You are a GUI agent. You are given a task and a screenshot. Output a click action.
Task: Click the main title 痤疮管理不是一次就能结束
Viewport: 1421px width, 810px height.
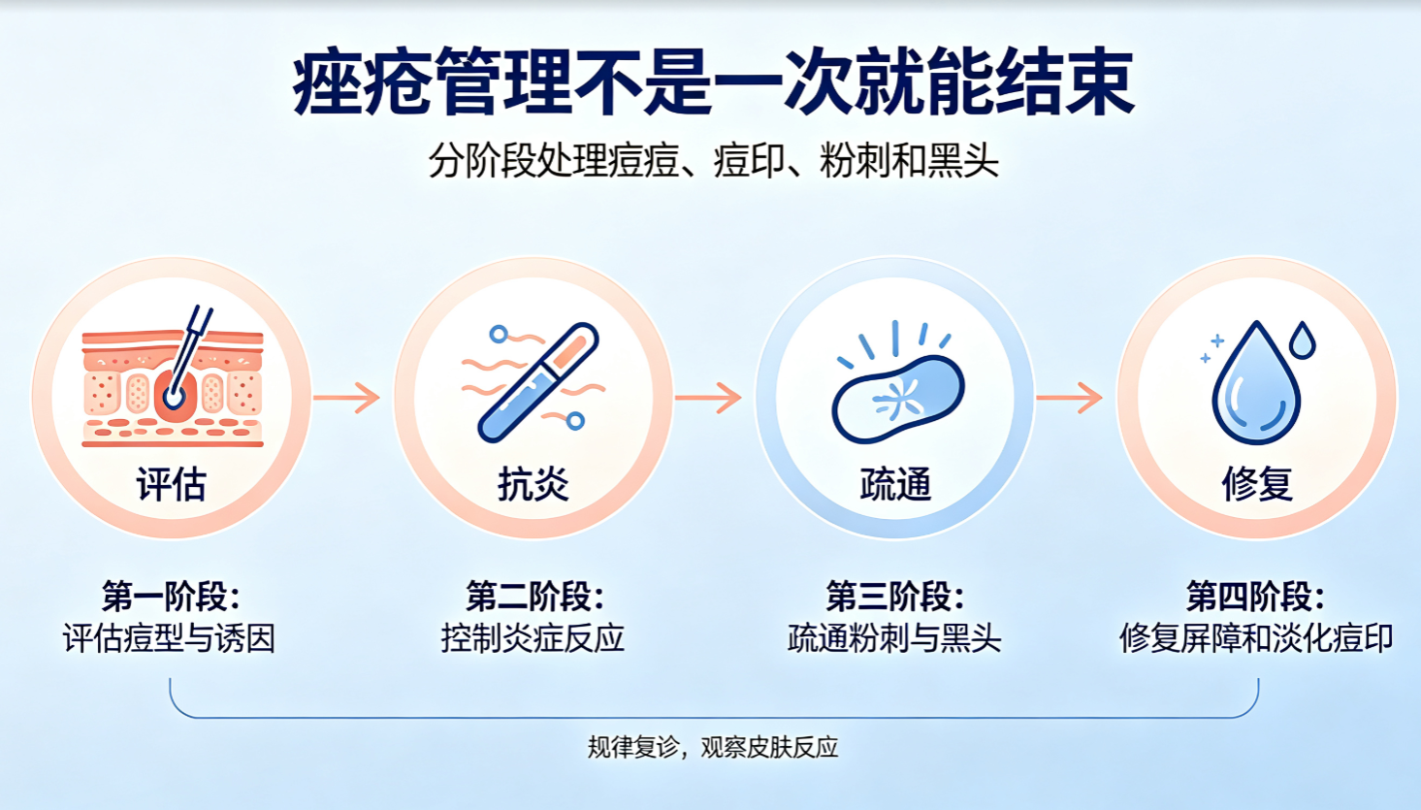tap(713, 81)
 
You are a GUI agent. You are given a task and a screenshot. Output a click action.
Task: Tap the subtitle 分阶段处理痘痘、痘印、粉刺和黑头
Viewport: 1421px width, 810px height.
tap(714, 160)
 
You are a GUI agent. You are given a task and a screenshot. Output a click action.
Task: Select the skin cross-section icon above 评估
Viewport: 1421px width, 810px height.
tap(173, 376)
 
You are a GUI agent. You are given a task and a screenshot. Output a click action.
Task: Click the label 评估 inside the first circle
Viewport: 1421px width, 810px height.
tap(172, 485)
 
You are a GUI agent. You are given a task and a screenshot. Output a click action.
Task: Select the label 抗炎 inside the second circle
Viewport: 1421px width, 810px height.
tap(533, 485)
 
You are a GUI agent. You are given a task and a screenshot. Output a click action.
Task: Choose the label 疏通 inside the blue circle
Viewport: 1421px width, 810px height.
tap(895, 485)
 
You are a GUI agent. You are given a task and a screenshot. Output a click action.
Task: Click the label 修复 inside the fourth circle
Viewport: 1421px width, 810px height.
tap(1257, 485)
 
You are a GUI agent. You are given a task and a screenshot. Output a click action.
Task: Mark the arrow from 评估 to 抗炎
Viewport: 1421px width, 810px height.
tap(347, 398)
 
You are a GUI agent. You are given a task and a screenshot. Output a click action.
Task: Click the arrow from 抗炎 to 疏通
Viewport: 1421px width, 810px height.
tap(709, 398)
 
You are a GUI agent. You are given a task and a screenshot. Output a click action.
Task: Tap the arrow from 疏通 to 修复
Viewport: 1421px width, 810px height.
tap(1070, 398)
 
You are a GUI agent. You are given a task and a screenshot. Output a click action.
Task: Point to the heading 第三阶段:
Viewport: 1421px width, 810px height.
tap(895, 596)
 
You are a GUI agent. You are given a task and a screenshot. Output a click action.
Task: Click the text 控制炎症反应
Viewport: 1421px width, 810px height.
tap(533, 638)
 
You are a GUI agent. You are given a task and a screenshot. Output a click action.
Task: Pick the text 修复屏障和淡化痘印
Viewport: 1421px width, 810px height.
tap(1256, 638)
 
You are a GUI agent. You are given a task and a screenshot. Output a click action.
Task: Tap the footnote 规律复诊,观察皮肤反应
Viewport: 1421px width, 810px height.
tap(713, 747)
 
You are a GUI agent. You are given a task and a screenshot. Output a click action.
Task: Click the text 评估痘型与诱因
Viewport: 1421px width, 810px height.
tap(170, 638)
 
